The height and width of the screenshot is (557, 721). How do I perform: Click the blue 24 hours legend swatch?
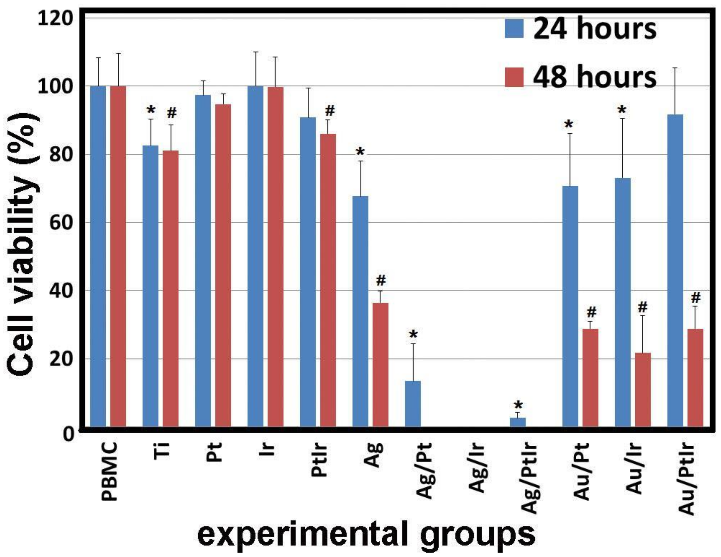tap(514, 28)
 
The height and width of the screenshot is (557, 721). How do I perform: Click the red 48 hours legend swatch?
tap(514, 77)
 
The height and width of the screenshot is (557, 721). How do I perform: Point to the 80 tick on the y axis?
tap(61, 155)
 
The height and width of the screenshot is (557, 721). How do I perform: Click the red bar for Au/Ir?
tap(642, 390)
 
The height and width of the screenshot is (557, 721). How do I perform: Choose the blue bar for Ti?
tap(150, 286)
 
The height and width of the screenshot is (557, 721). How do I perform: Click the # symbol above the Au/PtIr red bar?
tap(695, 298)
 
